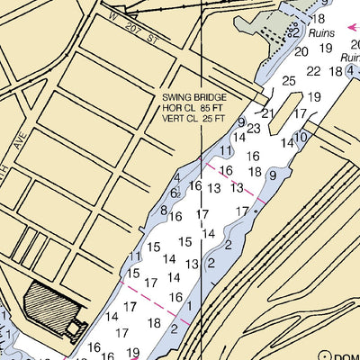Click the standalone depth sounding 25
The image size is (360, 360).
(x=289, y=81)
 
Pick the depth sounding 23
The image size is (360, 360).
(x=254, y=129)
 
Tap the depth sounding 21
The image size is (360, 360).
(x=266, y=113)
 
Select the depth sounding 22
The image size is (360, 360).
(x=312, y=71)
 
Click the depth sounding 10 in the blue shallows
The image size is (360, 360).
(x=301, y=137)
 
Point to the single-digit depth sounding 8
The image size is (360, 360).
(x=164, y=210)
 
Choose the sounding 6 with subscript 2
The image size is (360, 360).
(x=175, y=193)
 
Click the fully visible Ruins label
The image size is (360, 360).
(x=321, y=31)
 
